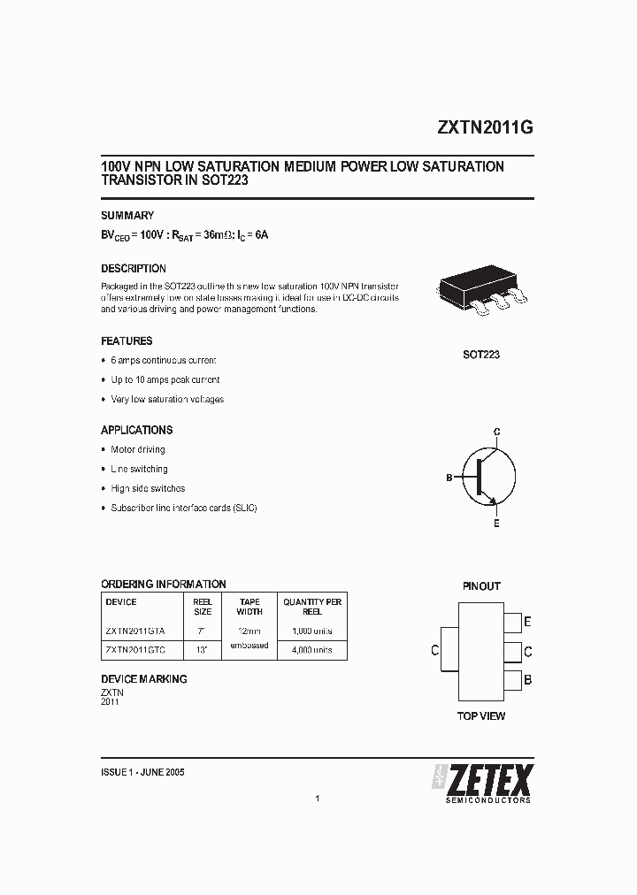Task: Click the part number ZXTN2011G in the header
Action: pyautogui.click(x=484, y=127)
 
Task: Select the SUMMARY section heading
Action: pyautogui.click(x=127, y=215)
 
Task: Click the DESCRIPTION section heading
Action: pyautogui.click(x=134, y=268)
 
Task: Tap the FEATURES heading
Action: pyautogui.click(x=127, y=340)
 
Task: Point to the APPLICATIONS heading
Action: pyautogui.click(x=136, y=430)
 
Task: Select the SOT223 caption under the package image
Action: pyautogui.click(x=481, y=355)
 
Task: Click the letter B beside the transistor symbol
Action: pyautogui.click(x=449, y=478)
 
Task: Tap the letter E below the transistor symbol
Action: pyautogui.click(x=496, y=524)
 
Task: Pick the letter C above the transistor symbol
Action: pyautogui.click(x=497, y=432)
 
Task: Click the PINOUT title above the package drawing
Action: pyautogui.click(x=481, y=585)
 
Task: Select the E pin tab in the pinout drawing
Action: pyautogui.click(x=511, y=622)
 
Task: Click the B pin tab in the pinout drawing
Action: pyautogui.click(x=511, y=680)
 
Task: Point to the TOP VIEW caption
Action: pyautogui.click(x=481, y=715)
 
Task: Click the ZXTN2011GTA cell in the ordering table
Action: pyautogui.click(x=134, y=631)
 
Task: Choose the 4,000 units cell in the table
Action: pyautogui.click(x=312, y=650)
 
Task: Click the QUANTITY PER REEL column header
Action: pyautogui.click(x=312, y=606)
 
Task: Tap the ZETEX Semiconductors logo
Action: pyautogui.click(x=482, y=783)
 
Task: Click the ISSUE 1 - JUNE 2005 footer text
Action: pyautogui.click(x=143, y=772)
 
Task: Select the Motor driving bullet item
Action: pyautogui.click(x=138, y=449)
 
